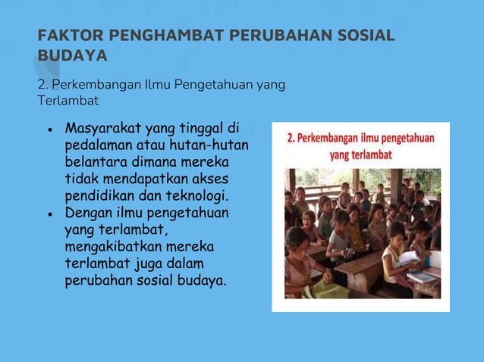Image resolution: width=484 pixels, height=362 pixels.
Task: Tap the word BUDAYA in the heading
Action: pos(73,55)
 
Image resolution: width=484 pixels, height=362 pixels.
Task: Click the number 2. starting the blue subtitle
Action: pos(42,84)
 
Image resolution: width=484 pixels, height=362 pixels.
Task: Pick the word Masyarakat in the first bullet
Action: pos(103,126)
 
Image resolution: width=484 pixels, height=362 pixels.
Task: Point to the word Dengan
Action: pos(89,214)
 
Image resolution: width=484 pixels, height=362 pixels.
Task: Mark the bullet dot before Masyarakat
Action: pos(49,128)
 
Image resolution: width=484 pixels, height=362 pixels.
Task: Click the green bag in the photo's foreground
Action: pos(325,289)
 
